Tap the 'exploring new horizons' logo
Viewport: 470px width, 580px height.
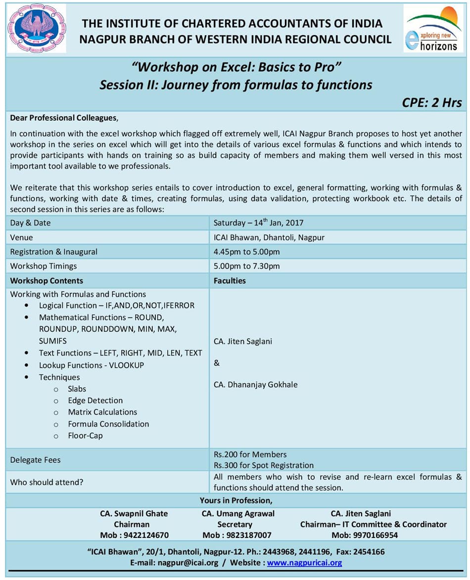(x=434, y=29)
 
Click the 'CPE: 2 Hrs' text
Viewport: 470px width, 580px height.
(x=431, y=102)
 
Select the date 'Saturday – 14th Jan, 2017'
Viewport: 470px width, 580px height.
(x=258, y=223)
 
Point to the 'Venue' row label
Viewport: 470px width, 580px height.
(x=22, y=237)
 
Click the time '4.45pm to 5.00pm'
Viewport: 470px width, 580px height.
(x=246, y=252)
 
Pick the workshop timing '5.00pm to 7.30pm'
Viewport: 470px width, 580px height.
(x=246, y=266)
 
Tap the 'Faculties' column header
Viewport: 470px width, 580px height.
(x=230, y=280)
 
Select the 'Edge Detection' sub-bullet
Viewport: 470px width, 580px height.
(x=95, y=401)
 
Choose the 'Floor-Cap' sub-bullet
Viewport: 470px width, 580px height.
(x=85, y=436)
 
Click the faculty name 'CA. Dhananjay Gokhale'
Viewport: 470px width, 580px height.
(x=255, y=384)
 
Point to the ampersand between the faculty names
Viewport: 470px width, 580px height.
(x=217, y=363)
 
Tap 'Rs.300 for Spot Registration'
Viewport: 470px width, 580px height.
(x=263, y=465)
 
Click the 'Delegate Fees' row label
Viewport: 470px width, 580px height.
(x=35, y=460)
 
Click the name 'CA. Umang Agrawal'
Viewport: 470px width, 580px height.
(x=238, y=514)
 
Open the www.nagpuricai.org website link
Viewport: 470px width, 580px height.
(x=304, y=563)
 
